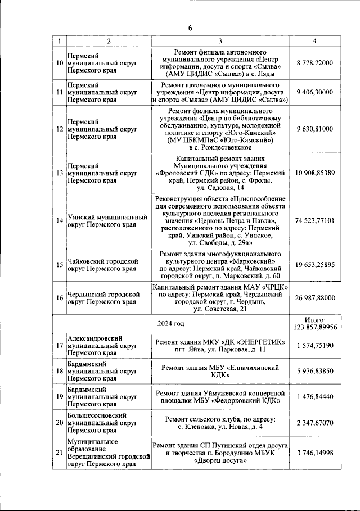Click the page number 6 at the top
point(190,28)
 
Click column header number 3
point(220,40)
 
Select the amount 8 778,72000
point(315,63)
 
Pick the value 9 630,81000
point(315,129)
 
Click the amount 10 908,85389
point(315,173)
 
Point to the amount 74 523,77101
point(315,220)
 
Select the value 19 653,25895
point(315,264)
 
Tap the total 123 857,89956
point(315,327)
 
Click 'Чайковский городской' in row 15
point(102,261)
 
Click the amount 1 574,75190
point(315,346)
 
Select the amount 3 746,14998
point(315,453)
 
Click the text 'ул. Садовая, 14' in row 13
point(220,188)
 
